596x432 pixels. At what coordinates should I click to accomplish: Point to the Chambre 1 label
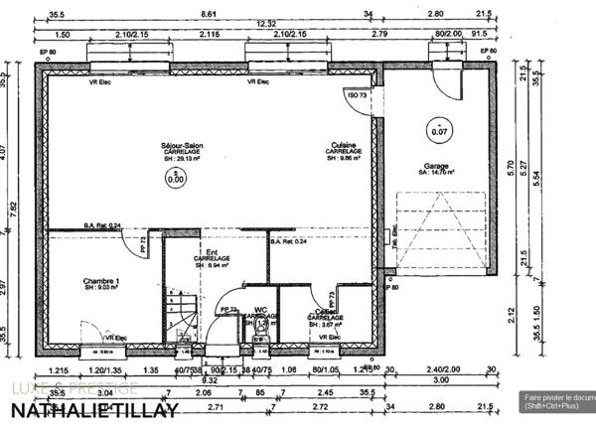(x=102, y=282)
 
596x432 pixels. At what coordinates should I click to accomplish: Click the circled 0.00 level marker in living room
(x=176, y=180)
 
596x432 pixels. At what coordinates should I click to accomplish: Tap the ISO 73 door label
(x=355, y=94)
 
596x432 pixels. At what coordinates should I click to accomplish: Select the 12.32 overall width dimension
(x=266, y=24)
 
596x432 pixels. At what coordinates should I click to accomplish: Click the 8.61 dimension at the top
(x=209, y=14)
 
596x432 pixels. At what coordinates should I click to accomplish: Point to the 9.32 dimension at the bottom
(x=210, y=379)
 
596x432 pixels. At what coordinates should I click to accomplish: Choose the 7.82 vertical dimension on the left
(x=13, y=207)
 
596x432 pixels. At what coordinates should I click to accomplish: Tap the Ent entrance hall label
(x=212, y=253)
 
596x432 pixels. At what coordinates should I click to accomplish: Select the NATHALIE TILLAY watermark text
(x=95, y=410)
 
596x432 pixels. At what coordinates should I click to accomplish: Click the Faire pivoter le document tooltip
(x=558, y=401)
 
